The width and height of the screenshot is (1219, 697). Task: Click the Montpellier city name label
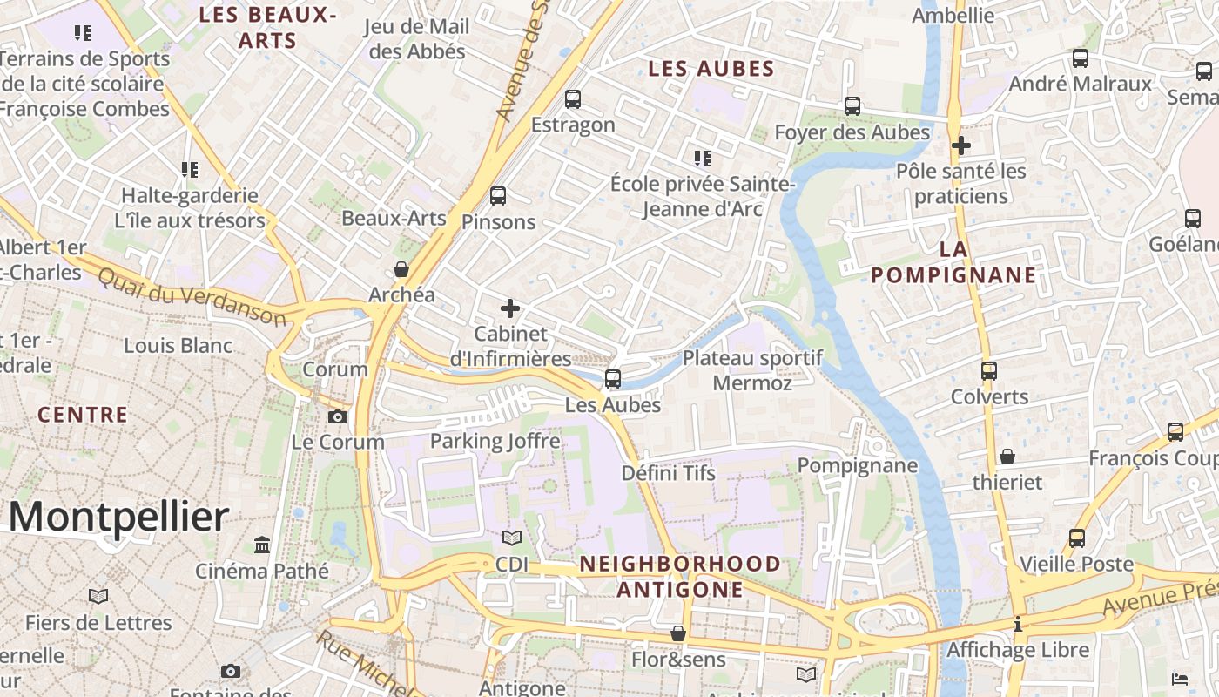point(119,517)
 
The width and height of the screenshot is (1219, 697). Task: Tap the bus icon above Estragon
point(572,99)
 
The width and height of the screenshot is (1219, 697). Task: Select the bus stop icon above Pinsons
point(498,196)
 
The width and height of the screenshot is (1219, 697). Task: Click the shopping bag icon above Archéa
point(401,269)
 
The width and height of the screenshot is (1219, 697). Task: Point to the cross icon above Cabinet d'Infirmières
point(510,308)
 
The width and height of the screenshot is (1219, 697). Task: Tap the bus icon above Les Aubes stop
point(613,378)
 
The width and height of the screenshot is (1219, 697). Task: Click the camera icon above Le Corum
point(338,416)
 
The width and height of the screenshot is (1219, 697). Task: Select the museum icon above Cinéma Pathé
point(262,545)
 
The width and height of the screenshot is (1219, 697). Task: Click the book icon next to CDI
point(512,538)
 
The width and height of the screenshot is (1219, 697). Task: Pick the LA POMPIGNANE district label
point(953,262)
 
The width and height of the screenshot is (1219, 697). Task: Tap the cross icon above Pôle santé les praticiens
point(961,145)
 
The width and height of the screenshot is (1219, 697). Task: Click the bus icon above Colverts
point(989,371)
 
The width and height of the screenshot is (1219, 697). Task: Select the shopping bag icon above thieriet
point(1007,457)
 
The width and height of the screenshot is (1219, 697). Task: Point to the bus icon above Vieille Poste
point(1077,538)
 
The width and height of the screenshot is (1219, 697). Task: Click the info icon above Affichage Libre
point(1018,624)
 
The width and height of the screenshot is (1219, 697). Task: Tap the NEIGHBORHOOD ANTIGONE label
point(680,576)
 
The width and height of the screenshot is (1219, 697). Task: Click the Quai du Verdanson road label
point(192,297)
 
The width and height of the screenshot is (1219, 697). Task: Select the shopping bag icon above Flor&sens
point(678,633)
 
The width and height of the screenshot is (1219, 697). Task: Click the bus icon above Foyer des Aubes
point(852,106)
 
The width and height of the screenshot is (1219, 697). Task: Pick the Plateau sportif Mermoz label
point(752,370)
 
